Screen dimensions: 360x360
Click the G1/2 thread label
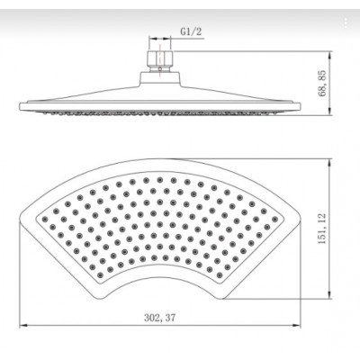click(x=191, y=31)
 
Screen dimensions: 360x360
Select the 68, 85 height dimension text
click(x=323, y=84)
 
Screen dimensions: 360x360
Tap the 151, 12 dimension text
click(x=322, y=229)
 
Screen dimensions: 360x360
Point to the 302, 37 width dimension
click(x=159, y=318)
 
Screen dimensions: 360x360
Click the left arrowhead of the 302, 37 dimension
click(x=22, y=325)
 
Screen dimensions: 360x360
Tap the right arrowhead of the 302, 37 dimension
click(x=296, y=325)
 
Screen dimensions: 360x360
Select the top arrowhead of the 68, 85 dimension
click(x=330, y=55)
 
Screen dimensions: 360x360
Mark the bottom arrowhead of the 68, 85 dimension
click(x=330, y=111)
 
